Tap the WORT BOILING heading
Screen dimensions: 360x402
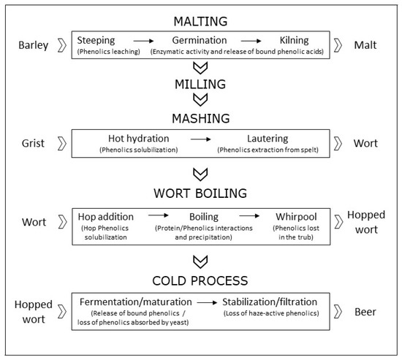pyautogui.click(x=200, y=194)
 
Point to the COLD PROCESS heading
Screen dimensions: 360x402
pyautogui.click(x=200, y=280)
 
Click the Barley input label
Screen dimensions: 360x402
pyautogui.click(x=32, y=46)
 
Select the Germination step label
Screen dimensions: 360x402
pyautogui.click(x=200, y=40)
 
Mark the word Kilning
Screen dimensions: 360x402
pyautogui.click(x=300, y=40)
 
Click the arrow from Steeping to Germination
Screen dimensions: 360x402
pyautogui.click(x=142, y=40)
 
